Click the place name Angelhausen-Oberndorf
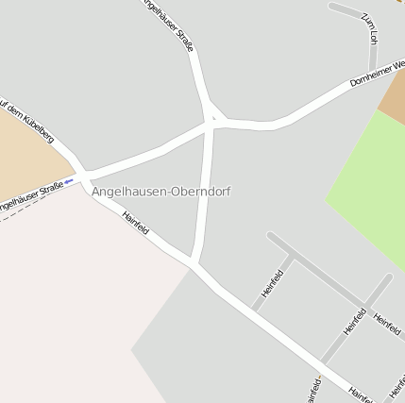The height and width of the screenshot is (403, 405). coord(160,192)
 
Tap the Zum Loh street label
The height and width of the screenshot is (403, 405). coord(369,29)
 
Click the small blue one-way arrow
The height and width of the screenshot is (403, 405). coord(69,181)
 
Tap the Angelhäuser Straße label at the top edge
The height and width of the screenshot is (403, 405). coord(170,23)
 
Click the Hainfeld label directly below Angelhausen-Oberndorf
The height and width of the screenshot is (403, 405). coord(136,224)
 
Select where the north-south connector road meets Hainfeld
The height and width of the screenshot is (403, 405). coord(194,261)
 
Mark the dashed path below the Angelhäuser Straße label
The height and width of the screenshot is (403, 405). coord(19,211)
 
